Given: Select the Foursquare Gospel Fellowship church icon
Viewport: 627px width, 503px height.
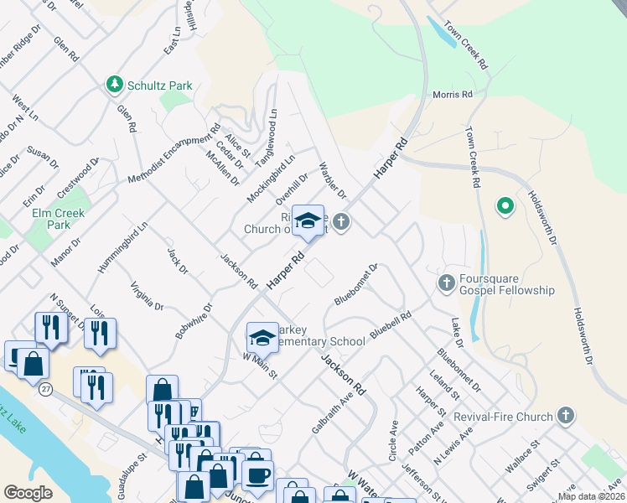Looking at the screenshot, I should [x=447, y=283].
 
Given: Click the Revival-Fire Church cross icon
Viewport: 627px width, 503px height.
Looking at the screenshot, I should [x=566, y=416].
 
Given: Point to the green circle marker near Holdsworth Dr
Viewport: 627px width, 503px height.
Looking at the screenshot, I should [x=505, y=206].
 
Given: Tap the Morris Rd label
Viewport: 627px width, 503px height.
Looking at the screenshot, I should [x=453, y=95].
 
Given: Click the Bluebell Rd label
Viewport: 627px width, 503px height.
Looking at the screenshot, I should [x=391, y=325].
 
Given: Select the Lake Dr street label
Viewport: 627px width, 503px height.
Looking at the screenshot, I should [x=457, y=333].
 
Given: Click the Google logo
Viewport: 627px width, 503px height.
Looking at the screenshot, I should [x=28, y=493].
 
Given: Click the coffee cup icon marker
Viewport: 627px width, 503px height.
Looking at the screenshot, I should [x=257, y=474].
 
